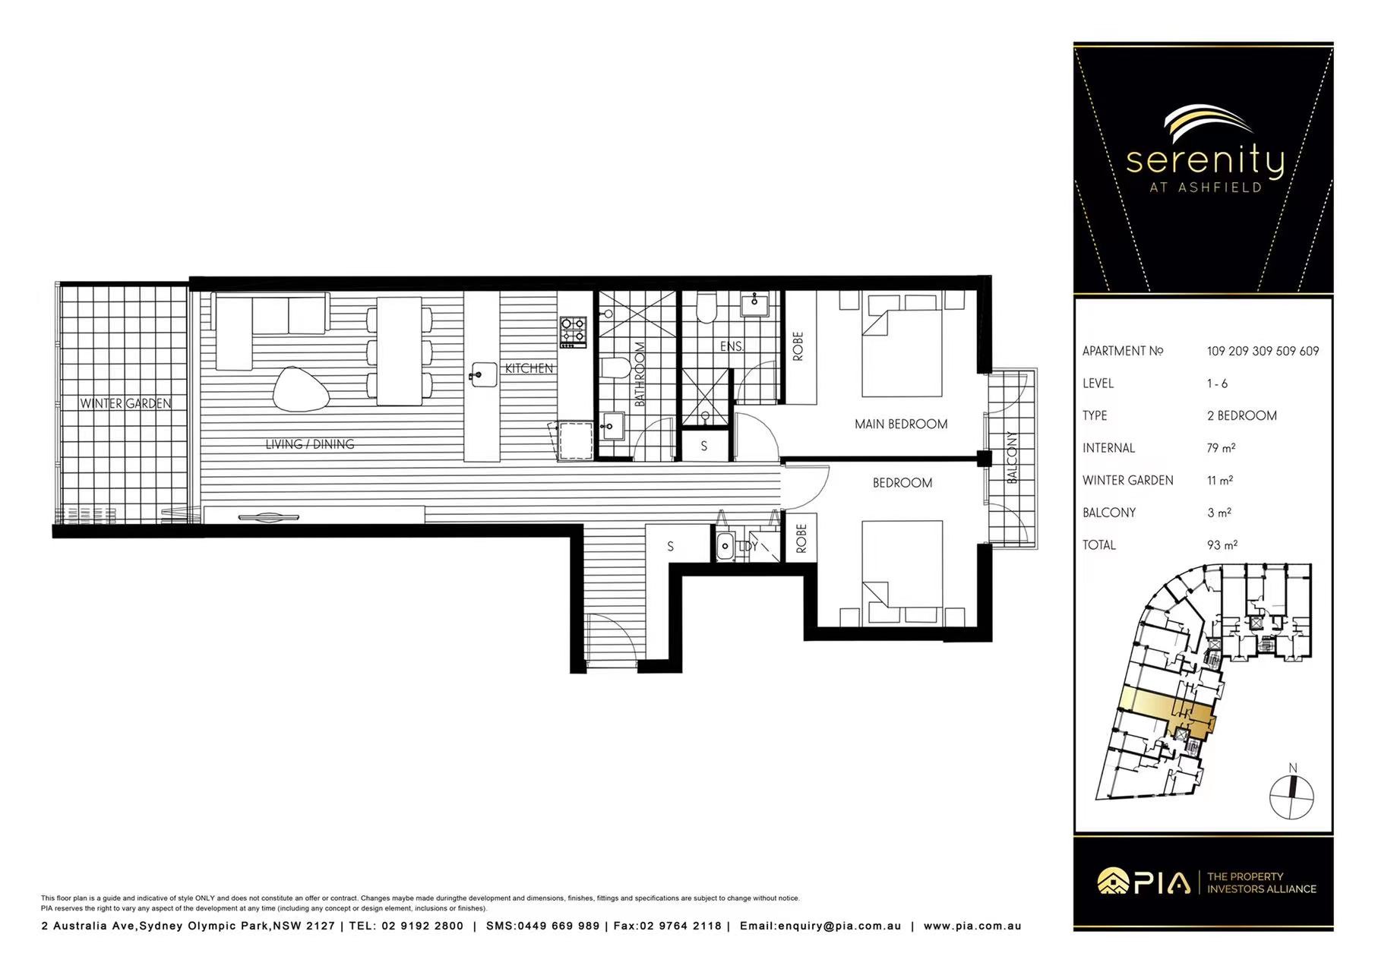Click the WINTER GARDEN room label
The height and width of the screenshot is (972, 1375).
[x=126, y=403]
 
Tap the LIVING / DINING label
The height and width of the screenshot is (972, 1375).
[x=310, y=444]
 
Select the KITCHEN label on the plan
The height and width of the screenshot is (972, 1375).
[x=529, y=368]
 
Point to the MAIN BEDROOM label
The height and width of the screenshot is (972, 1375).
[x=901, y=424]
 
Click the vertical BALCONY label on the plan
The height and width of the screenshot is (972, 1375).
[x=1012, y=457]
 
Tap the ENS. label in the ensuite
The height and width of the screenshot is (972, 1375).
[x=732, y=346]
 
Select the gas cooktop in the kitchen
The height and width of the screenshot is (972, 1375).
[x=574, y=332]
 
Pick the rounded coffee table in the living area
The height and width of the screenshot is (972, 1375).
[x=302, y=390]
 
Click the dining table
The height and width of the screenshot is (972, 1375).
[x=400, y=350]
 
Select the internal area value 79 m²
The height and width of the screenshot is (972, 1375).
[x=1221, y=448]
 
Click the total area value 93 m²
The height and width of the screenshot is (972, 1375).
[x=1222, y=544]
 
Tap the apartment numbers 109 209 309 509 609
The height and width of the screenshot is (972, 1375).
[x=1263, y=351]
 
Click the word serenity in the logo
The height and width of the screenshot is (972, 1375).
[x=1205, y=160]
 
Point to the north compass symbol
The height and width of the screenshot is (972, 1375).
[x=1292, y=794]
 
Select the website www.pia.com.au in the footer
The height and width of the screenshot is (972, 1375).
[x=972, y=926]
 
